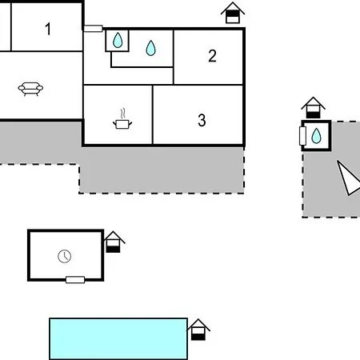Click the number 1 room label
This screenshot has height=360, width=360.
48,29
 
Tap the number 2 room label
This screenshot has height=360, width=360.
212,56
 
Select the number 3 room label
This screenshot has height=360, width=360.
202,120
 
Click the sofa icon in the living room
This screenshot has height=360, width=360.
30,89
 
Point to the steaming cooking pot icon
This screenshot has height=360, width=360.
122,119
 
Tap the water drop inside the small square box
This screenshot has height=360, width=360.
118,40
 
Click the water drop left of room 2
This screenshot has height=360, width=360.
151,48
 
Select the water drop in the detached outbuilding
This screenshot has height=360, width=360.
317,136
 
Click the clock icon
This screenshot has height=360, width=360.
65,256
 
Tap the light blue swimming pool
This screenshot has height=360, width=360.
118,338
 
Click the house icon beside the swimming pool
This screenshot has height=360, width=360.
198,330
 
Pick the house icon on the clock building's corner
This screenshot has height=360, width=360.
114,242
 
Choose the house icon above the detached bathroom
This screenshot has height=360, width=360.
313,107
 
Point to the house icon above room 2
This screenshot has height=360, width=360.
233,13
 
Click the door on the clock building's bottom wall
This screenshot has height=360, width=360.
75,280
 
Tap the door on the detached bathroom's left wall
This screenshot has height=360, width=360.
302,136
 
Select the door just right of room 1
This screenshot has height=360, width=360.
93,29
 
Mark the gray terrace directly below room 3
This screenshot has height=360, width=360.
162,170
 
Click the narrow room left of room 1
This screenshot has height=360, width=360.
5,26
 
